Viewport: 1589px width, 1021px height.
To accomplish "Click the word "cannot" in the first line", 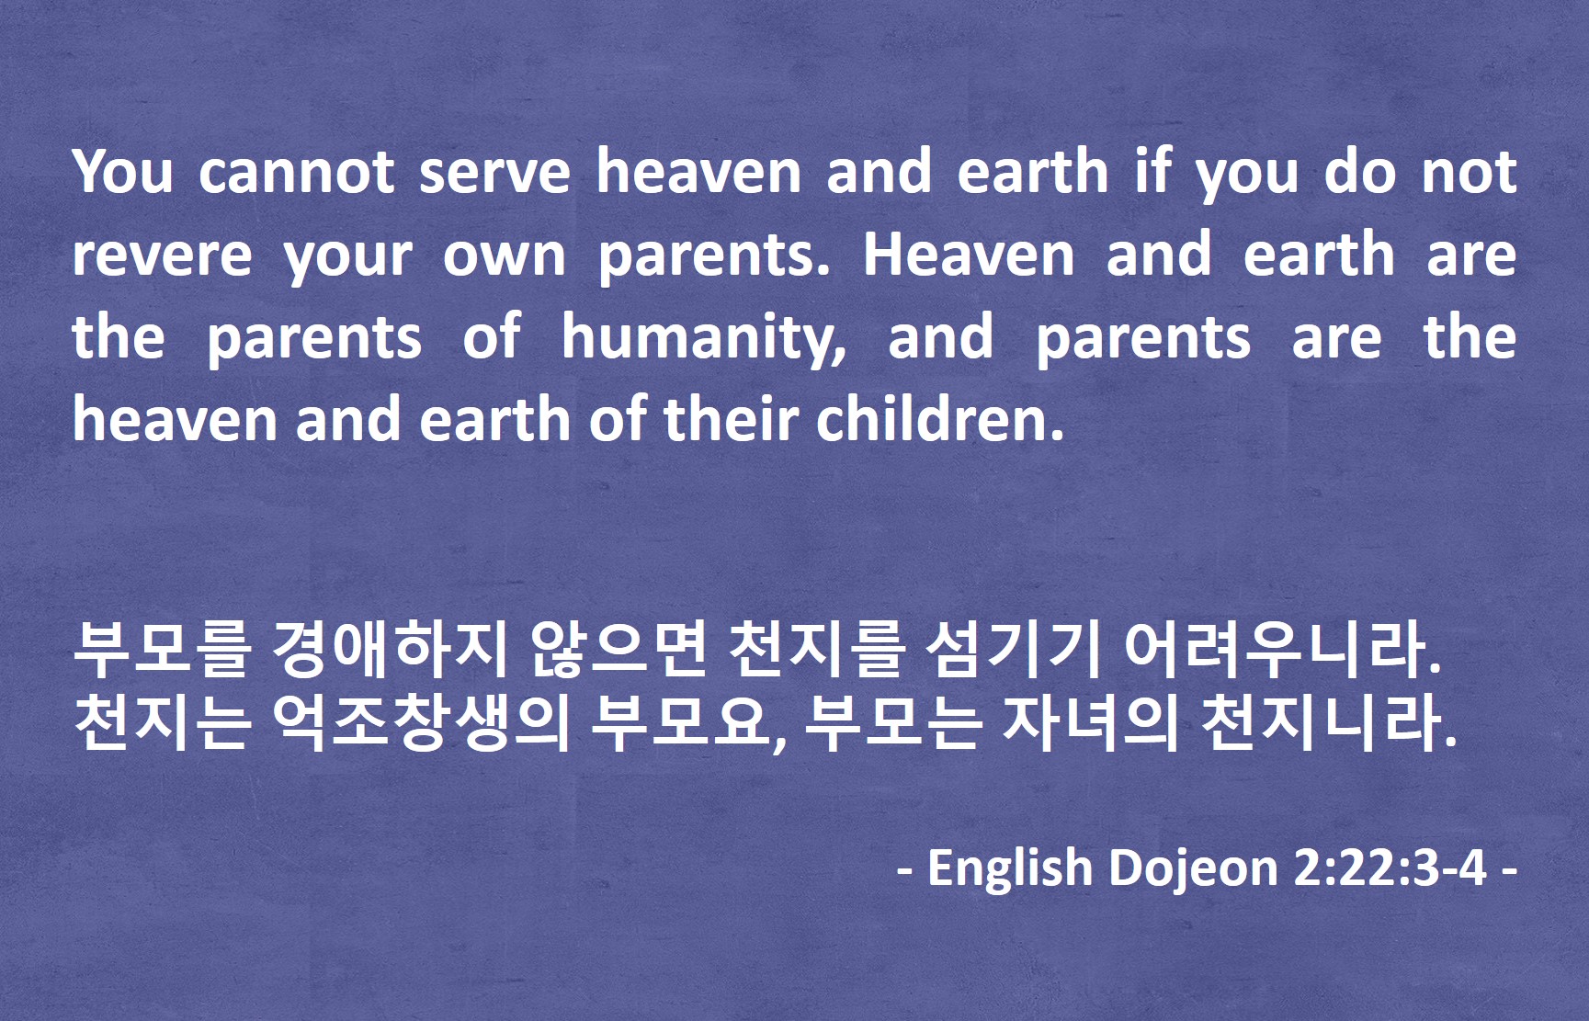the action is [296, 171].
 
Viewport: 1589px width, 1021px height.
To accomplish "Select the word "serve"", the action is [494, 171].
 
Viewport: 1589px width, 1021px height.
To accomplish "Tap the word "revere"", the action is [162, 255].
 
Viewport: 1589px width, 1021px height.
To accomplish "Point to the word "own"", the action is [504, 255].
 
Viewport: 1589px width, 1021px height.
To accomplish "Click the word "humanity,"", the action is [704, 338].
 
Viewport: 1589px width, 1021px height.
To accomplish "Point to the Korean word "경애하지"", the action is [390, 648].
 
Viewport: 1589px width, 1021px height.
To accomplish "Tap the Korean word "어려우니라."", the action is [1281, 648].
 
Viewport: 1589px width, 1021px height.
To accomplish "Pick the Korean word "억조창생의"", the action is [420, 721].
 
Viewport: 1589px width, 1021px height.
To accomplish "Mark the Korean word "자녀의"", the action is [1090, 721].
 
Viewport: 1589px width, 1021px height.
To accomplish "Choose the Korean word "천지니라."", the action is [1330, 721].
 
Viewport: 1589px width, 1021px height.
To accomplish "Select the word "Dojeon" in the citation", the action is [1193, 867].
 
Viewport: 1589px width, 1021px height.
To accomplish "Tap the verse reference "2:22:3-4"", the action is [1390, 867].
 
